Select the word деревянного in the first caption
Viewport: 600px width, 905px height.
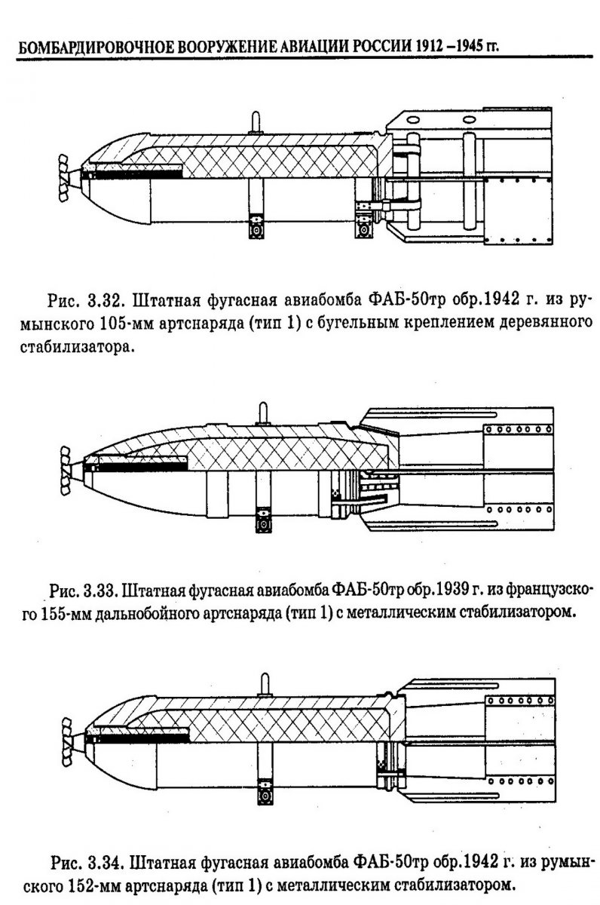pos(546,324)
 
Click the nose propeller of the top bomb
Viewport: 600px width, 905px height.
pos(64,177)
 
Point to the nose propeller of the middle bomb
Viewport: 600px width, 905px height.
pos(65,470)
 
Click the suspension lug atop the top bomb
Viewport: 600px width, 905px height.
pos(256,122)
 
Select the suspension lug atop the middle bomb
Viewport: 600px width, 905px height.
pos(263,413)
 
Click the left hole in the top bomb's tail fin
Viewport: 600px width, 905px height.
pos(413,120)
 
